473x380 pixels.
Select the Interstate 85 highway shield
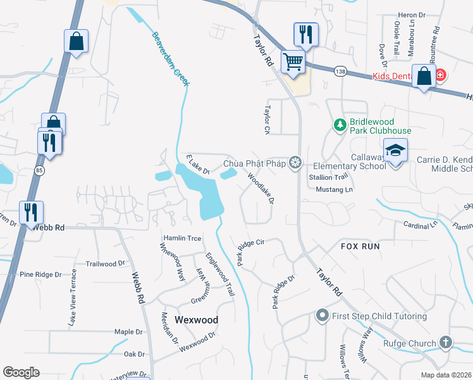[x=40, y=170]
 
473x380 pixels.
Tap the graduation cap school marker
[x=395, y=151]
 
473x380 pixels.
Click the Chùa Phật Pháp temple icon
[x=294, y=164]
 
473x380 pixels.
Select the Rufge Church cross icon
[x=446, y=343]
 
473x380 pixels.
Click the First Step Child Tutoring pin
[x=322, y=315]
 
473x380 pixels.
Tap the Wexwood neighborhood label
[x=197, y=320]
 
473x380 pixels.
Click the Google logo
[x=21, y=372]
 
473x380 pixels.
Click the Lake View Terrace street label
[x=73, y=298]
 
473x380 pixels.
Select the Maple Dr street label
[x=129, y=332]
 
